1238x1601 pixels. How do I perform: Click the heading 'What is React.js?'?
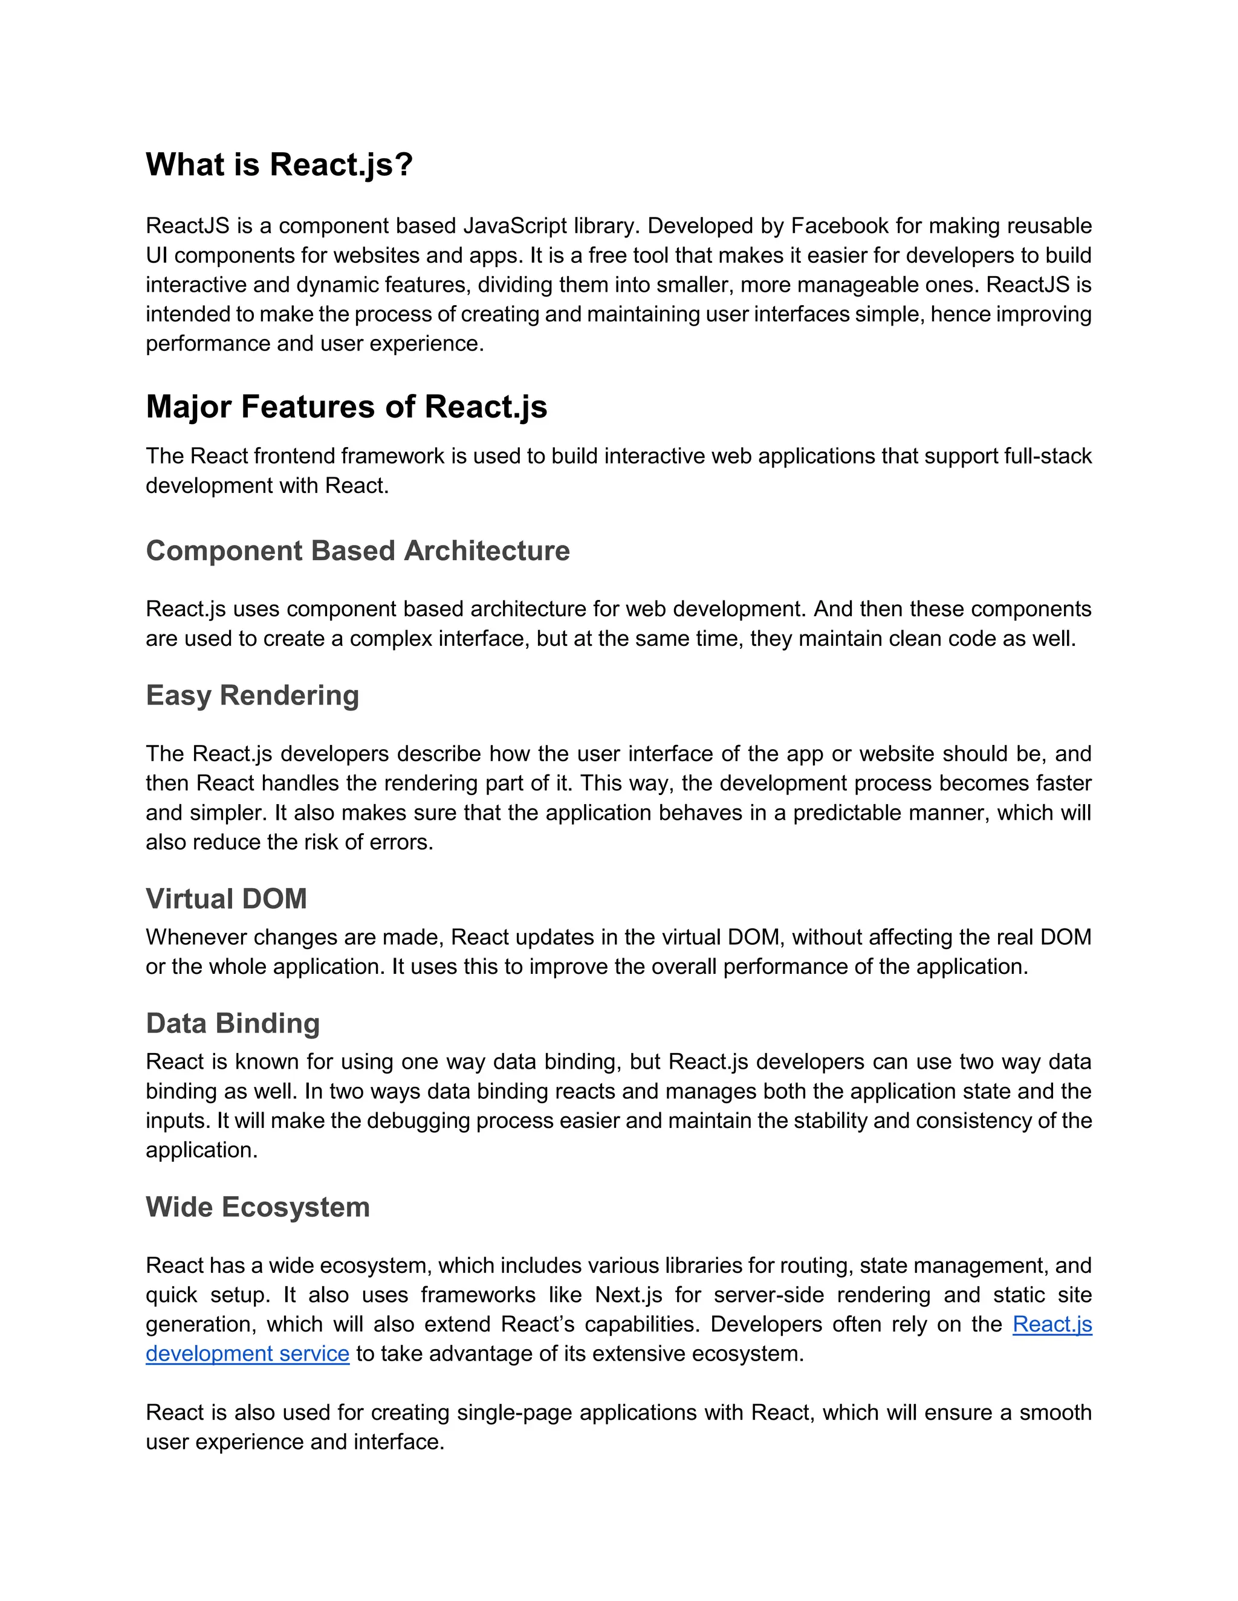pyautogui.click(x=279, y=164)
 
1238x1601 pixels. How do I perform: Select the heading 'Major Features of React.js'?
pyautogui.click(x=346, y=407)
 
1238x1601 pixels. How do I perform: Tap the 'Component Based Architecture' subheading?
pyautogui.click(x=357, y=550)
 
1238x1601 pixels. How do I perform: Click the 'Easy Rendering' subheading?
pyautogui.click(x=252, y=695)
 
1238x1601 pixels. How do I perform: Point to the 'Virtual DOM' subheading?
pyautogui.click(x=226, y=899)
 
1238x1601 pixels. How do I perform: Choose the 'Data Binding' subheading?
pyautogui.click(x=233, y=1023)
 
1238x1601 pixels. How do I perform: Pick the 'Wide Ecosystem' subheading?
pyautogui.click(x=258, y=1207)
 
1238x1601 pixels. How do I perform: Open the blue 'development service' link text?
pyautogui.click(x=247, y=1354)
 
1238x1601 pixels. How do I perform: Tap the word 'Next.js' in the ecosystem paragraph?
pyautogui.click(x=629, y=1295)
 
